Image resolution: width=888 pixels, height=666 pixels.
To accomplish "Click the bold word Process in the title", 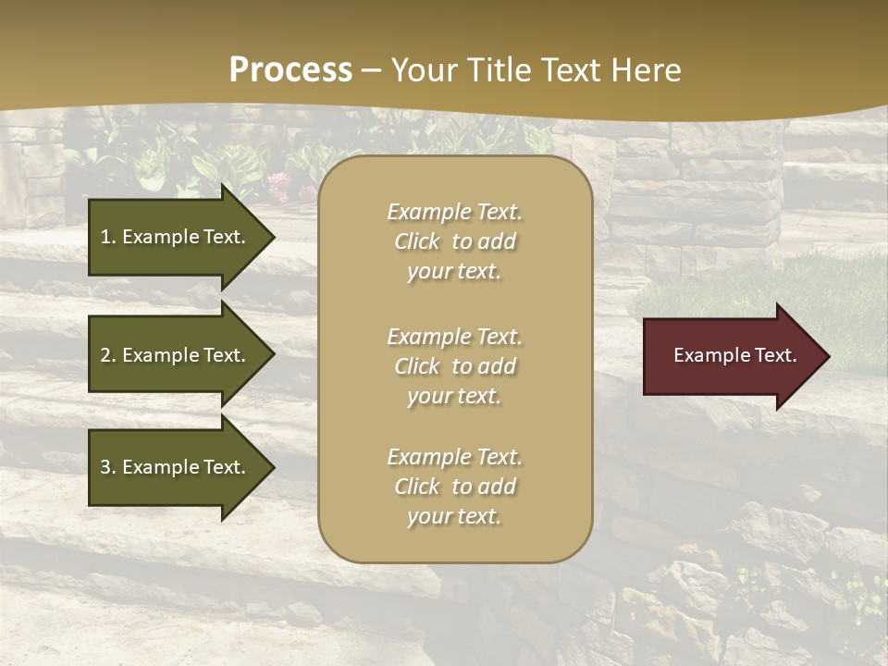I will pyautogui.click(x=290, y=70).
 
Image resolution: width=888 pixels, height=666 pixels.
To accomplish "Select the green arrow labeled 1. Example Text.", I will pyautogui.click(x=176, y=237).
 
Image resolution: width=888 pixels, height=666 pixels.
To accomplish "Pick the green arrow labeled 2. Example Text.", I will pyautogui.click(x=176, y=355).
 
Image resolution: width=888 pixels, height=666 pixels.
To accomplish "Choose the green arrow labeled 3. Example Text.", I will pyautogui.click(x=176, y=467).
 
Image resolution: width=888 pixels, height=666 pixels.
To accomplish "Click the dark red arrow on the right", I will pyautogui.click(x=731, y=356).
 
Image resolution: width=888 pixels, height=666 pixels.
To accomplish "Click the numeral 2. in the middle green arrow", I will pyautogui.click(x=107, y=355).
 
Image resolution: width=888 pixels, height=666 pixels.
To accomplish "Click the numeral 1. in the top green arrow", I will pyautogui.click(x=107, y=237).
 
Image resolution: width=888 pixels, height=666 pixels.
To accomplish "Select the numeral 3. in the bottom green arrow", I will pyautogui.click(x=107, y=467).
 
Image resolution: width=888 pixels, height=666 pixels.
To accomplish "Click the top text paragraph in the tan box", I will pyautogui.click(x=454, y=241).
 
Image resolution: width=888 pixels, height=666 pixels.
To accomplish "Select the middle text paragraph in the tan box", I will pyautogui.click(x=454, y=366).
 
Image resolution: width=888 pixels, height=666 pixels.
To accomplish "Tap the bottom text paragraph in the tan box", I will pyautogui.click(x=454, y=487).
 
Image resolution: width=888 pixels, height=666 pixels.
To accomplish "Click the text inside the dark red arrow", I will pyautogui.click(x=734, y=355).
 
